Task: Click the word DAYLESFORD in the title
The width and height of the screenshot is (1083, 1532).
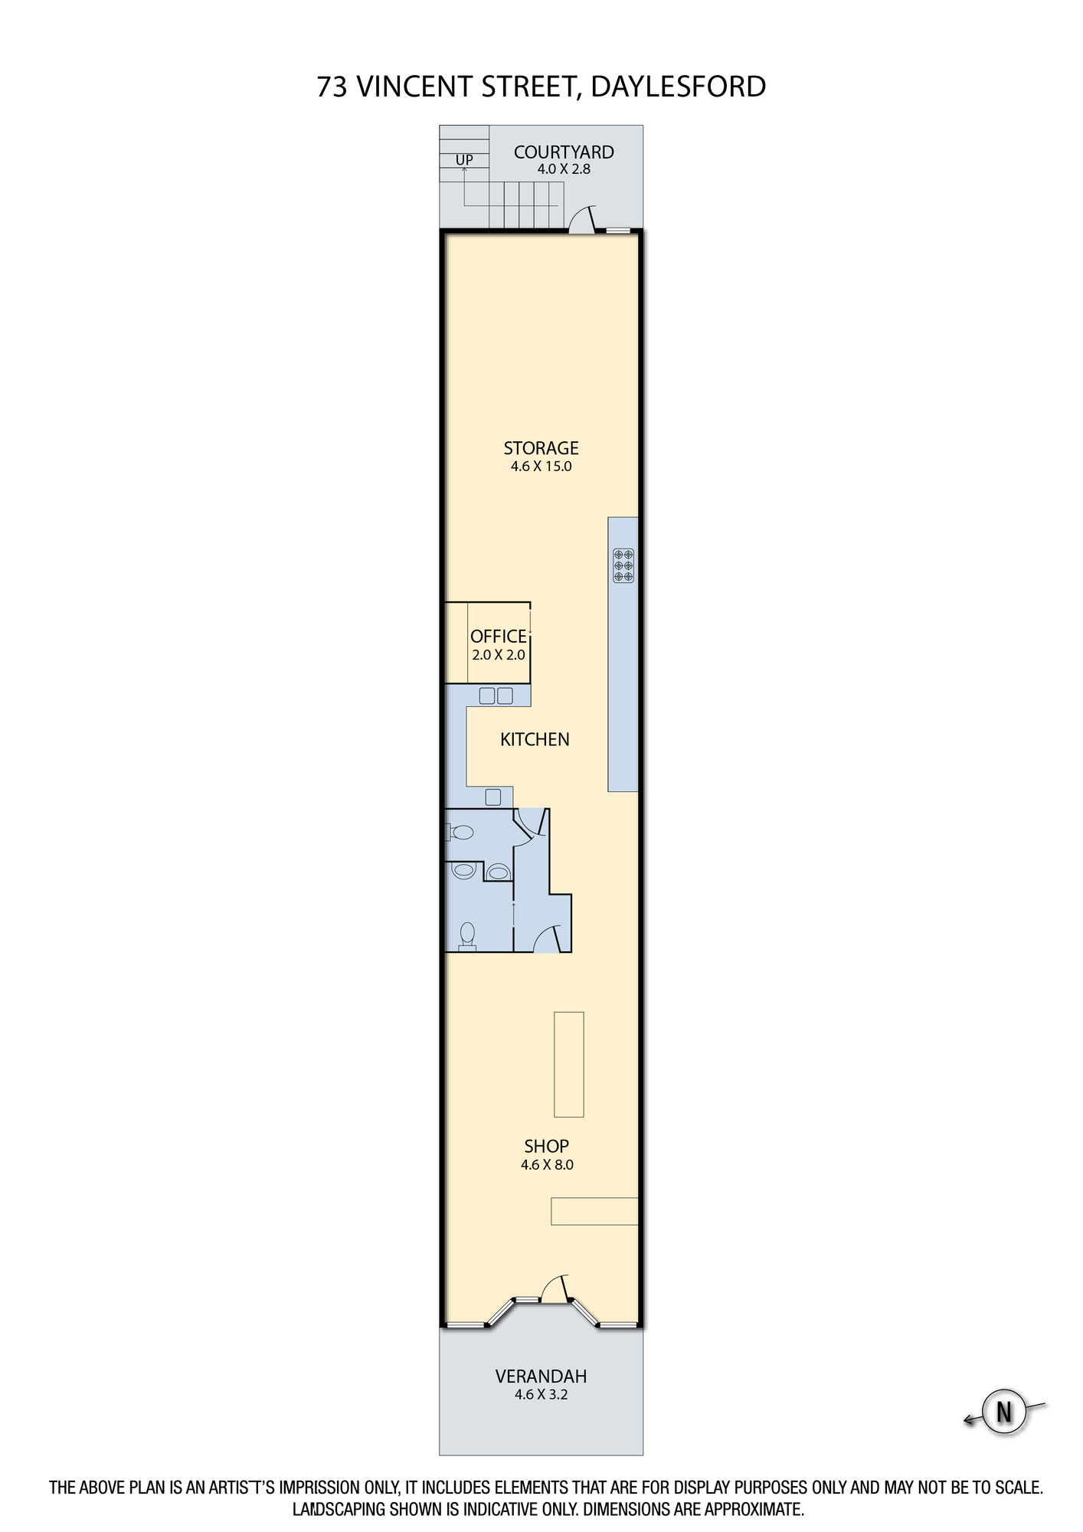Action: coord(679,87)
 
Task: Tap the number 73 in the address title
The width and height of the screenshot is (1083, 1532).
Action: coord(332,87)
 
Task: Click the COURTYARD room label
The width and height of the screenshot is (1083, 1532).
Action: coord(564,152)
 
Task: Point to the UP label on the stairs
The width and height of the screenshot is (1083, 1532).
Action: coord(464,159)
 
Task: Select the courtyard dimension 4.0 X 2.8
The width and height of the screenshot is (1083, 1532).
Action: coord(564,169)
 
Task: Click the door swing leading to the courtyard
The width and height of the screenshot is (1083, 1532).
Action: coord(581,218)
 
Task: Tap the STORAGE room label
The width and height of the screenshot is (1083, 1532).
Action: coord(541,448)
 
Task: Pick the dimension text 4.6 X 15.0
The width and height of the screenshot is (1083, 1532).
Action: coord(541,466)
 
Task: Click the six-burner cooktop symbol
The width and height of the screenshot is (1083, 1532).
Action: coord(623,565)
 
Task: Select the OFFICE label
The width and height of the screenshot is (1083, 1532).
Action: coord(499,637)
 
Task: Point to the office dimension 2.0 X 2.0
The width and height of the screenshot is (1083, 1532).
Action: coord(499,655)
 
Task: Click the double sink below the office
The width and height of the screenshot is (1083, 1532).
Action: coord(496,696)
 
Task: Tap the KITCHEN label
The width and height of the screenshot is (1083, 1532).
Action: coord(535,739)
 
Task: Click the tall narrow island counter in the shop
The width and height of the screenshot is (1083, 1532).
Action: coord(569,1064)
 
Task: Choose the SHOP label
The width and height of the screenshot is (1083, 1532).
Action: coord(546,1146)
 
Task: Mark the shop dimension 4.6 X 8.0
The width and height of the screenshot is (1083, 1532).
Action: coord(547,1164)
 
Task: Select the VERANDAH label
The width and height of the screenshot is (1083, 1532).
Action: coord(541,1376)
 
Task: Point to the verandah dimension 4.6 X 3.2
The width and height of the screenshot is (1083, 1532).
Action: coord(541,1394)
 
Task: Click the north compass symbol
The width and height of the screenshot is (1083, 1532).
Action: coord(1004,1411)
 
